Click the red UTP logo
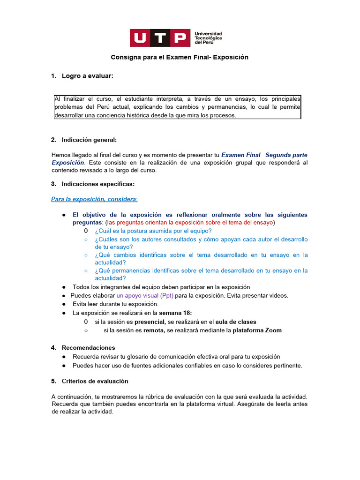click(160, 37)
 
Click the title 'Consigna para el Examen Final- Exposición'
click(179, 57)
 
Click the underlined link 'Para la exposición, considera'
click(94, 199)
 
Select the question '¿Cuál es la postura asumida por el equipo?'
click(153, 231)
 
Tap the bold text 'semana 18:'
click(175, 313)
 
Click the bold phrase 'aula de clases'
click(236, 322)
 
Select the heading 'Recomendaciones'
click(88, 348)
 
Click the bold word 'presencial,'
click(150, 322)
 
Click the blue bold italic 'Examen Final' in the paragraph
click(240, 155)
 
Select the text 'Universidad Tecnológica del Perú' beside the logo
click(208, 38)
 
